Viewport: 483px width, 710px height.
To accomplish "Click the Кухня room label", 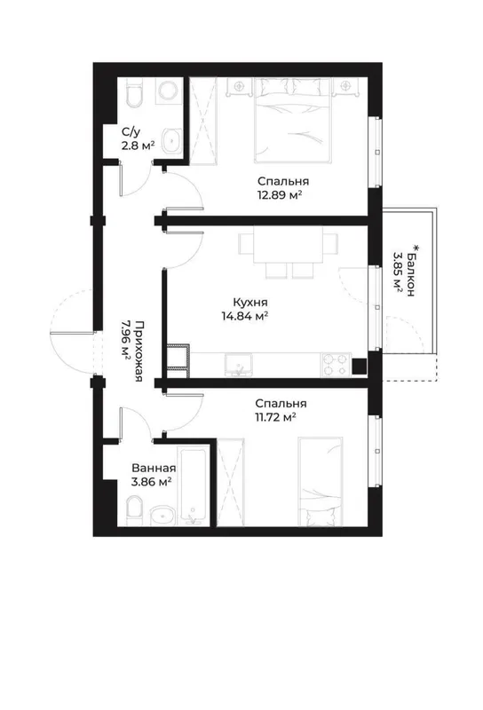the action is click(250, 303).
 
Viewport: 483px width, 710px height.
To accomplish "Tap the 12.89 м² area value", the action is click(279, 195).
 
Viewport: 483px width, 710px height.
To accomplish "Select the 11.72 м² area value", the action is click(275, 417).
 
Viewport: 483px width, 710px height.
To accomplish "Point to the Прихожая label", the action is click(140, 351).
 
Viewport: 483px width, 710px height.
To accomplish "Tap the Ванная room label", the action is click(154, 469).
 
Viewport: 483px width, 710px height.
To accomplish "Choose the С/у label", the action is click(131, 132).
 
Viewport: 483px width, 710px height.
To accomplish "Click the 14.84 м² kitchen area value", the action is click(245, 316).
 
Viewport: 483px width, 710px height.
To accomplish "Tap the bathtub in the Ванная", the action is click(193, 486).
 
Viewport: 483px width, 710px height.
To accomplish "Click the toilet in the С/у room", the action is click(135, 93).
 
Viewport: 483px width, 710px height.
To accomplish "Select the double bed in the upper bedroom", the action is click(292, 120).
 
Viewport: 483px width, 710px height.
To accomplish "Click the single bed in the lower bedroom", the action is click(320, 482).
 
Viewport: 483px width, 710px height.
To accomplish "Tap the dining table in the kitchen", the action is click(289, 244).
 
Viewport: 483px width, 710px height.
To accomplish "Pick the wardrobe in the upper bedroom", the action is click(202, 119).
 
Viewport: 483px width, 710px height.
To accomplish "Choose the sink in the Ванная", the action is click(162, 516).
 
